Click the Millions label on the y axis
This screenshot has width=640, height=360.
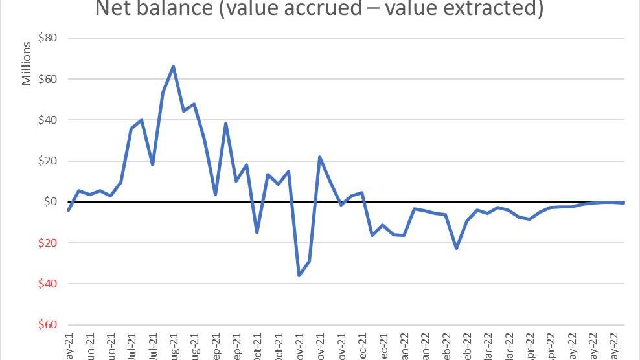coord(27,63)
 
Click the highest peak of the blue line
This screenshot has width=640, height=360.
coord(173,66)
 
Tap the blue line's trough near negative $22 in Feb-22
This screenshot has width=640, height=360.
coord(457,248)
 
